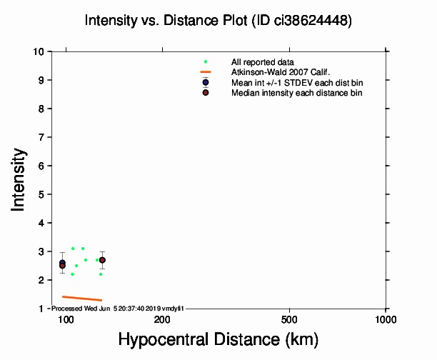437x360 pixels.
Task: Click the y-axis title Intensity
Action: (20, 179)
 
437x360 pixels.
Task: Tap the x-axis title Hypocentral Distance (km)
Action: (218, 339)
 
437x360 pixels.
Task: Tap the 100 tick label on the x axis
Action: (66, 319)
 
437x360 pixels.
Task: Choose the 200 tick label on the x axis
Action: (162, 319)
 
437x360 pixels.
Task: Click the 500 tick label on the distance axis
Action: (289, 319)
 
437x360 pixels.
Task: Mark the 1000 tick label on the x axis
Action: (386, 319)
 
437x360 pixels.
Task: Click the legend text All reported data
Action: (262, 62)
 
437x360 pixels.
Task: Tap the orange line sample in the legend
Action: (206, 72)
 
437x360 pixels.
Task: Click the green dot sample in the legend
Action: (206, 62)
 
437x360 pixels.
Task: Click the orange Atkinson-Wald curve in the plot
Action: (82, 298)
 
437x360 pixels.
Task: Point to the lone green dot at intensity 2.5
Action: (76, 266)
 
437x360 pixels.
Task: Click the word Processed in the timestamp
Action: (69, 308)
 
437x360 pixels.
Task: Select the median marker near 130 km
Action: (102, 260)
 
